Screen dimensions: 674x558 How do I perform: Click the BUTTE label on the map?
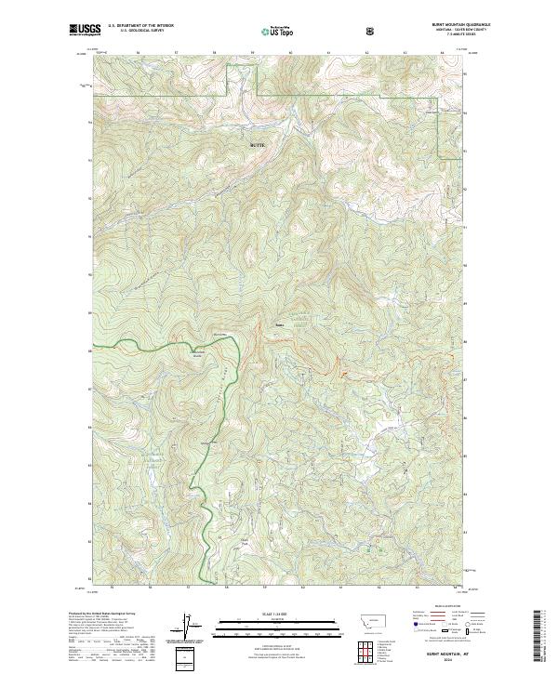coord(259,145)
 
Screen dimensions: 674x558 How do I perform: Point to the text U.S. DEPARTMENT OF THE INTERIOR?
coord(139,27)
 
